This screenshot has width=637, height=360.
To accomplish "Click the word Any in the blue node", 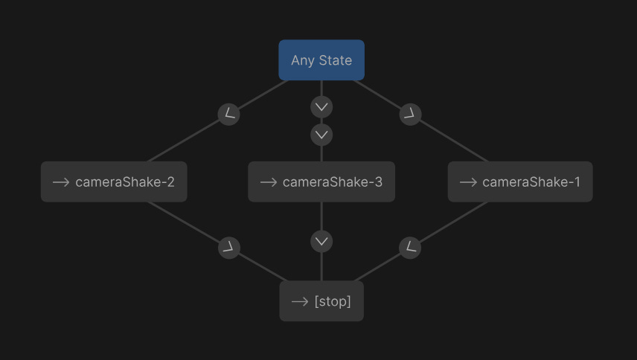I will (303, 61).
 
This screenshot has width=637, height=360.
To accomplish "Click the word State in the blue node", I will (335, 60).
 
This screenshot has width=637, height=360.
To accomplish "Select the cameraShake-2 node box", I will (114, 181).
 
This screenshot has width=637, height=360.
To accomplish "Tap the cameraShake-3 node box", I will (321, 181).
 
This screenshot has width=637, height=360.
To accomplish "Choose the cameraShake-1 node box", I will (520, 181).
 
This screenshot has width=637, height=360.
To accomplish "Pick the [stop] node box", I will (321, 301).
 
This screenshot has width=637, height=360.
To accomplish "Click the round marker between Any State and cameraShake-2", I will (229, 114).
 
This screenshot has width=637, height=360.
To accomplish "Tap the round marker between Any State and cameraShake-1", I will (410, 114).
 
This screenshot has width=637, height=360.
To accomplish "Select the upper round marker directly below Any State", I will (321, 107).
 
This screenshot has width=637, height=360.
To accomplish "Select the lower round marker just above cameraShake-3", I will (321, 135).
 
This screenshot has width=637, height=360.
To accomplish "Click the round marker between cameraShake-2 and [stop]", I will (229, 248).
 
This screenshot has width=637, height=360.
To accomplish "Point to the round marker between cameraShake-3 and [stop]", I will (321, 241).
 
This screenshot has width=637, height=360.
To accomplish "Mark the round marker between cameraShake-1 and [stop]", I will (410, 248).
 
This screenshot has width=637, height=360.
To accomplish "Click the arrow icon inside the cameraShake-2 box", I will (61, 182).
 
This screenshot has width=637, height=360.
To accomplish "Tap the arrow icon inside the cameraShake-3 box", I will (268, 182).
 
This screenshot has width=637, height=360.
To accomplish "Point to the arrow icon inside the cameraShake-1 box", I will (468, 182).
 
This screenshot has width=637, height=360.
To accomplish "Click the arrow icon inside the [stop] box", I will (300, 302).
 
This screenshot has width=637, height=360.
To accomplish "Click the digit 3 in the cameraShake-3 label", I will (378, 182).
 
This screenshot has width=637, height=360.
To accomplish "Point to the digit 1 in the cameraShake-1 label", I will (577, 182).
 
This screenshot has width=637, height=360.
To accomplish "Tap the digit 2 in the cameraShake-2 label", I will (170, 182).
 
